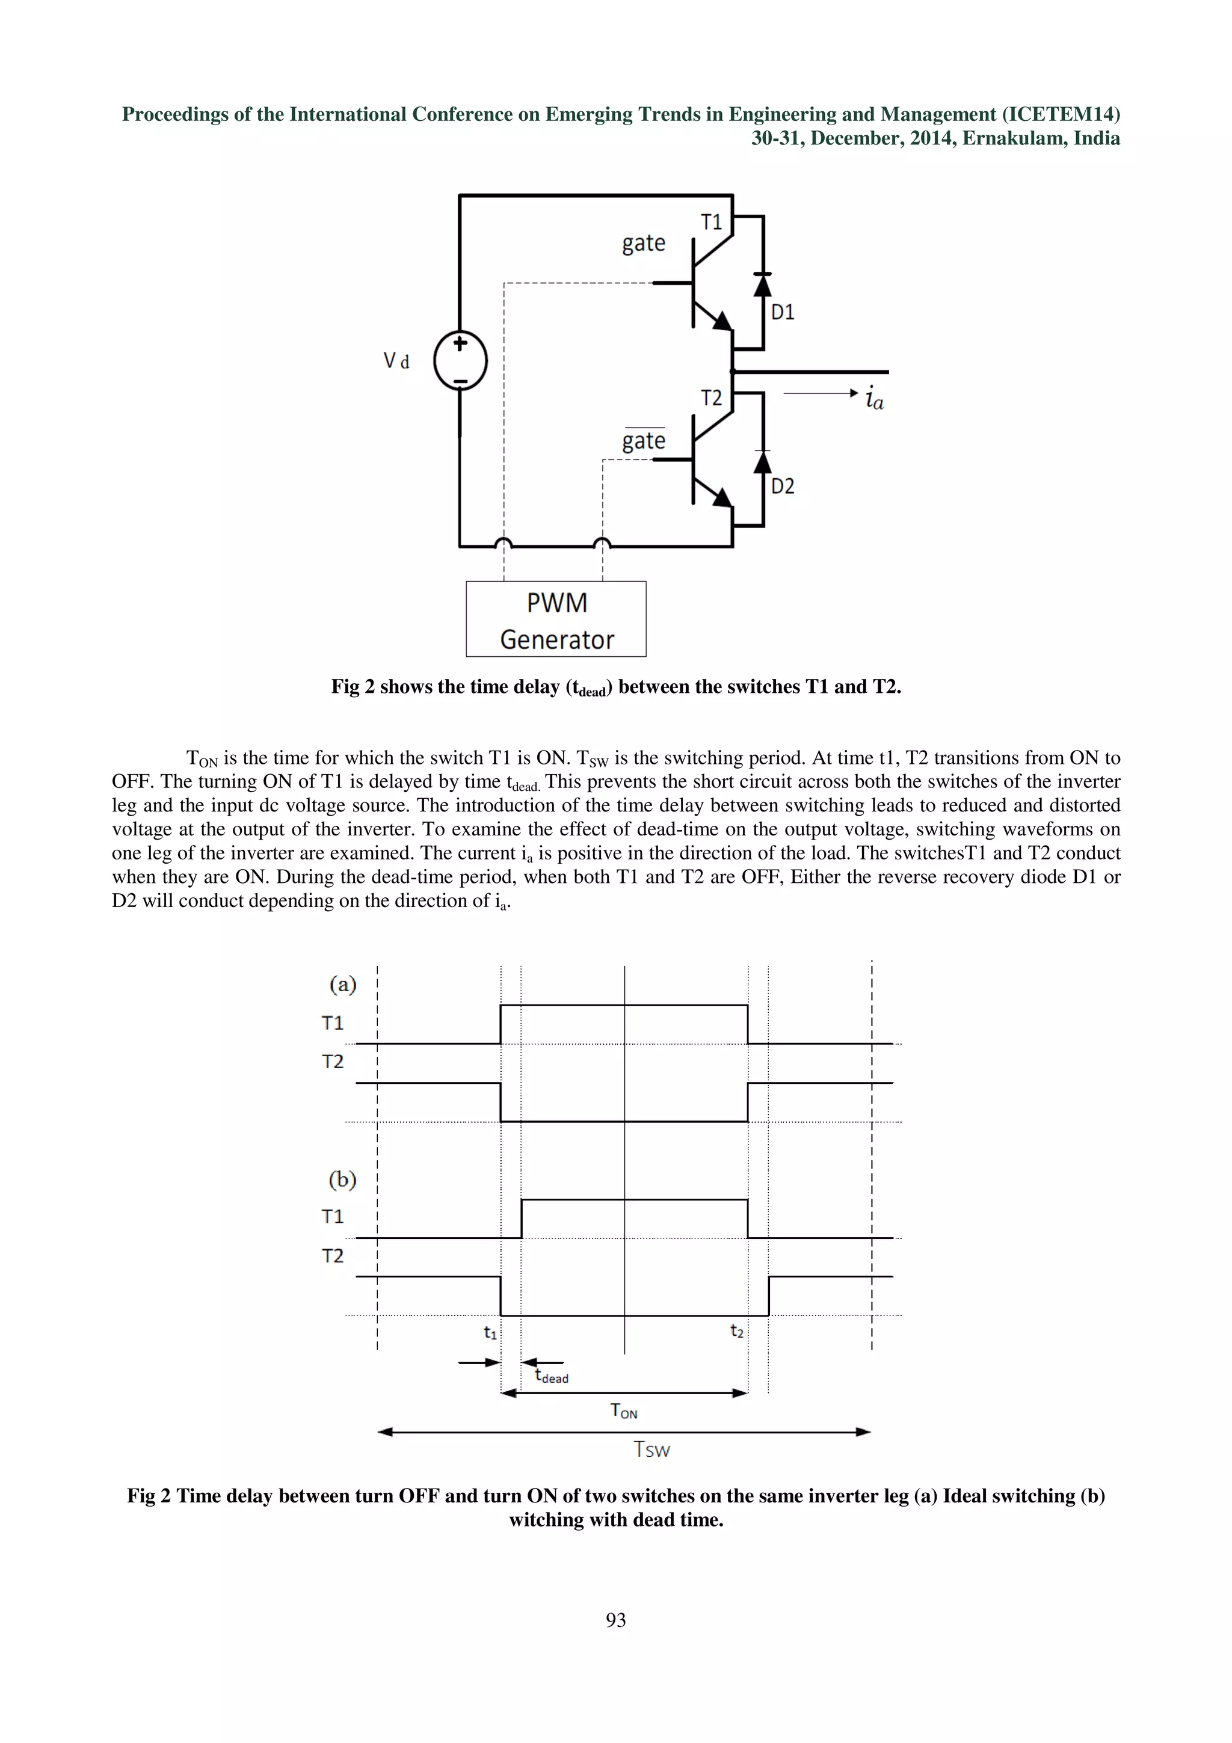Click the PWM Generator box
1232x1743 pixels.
(556, 619)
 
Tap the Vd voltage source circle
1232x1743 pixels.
(460, 361)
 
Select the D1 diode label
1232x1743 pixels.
(783, 312)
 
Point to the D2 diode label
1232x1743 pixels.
(783, 486)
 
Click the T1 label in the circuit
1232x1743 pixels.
(711, 223)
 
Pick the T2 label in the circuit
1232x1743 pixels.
(711, 398)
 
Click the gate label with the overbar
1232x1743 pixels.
(644, 440)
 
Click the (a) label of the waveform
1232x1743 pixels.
(343, 985)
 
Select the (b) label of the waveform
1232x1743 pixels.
(342, 1179)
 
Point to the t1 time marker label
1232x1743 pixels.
(490, 1332)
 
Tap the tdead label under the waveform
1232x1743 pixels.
(552, 1376)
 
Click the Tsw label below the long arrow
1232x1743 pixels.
(652, 1450)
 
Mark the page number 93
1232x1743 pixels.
(615, 1620)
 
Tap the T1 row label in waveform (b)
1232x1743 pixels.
(333, 1216)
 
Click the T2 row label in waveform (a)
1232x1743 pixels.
(333, 1062)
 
